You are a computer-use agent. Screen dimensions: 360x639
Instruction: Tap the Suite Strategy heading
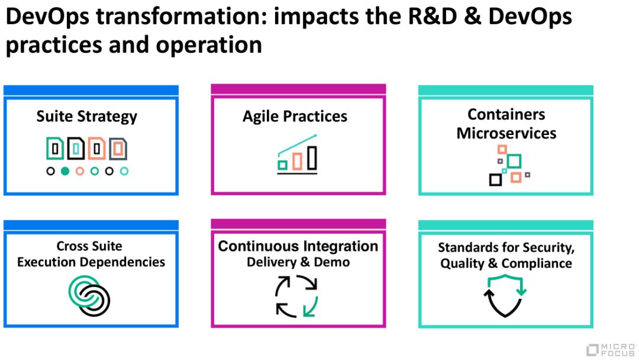point(86,116)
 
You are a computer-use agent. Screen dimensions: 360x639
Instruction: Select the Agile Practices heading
point(295,116)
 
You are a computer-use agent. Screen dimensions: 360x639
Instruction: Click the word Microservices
point(506,133)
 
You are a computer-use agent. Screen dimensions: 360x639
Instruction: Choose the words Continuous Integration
point(298,246)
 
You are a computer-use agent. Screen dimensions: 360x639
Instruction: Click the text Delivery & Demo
point(298,262)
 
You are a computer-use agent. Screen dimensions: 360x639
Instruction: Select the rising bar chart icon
point(298,155)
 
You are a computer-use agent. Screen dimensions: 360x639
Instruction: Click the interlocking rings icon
point(89,295)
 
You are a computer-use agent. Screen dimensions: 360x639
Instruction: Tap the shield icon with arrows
point(504,297)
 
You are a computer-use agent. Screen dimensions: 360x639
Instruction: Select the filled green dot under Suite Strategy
point(65,171)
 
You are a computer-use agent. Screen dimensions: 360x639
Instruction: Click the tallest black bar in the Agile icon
point(312,158)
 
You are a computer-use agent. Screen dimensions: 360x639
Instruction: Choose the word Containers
point(506,114)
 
